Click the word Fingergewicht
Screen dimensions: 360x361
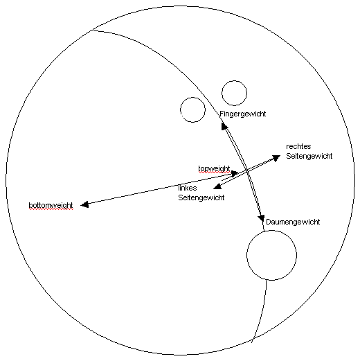pyautogui.click(x=243, y=114)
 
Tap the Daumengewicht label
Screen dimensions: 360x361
pyautogui.click(x=293, y=222)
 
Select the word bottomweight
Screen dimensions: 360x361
pyautogui.click(x=51, y=205)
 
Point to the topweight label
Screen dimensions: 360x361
pyautogui.click(x=214, y=168)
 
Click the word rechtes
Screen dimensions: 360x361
pyautogui.click(x=298, y=146)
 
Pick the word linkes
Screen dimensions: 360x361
pyautogui.click(x=188, y=188)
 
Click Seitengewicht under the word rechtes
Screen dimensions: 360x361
pyautogui.click(x=309, y=156)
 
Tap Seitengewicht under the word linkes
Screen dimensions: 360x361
pyautogui.click(x=201, y=197)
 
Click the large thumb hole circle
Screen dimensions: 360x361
pyautogui.click(x=247, y=255)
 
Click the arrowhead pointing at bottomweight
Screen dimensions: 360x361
pyautogui.click(x=84, y=204)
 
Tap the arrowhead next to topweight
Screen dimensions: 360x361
pyautogui.click(x=235, y=173)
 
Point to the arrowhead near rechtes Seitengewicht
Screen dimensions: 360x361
pyautogui.click(x=276, y=158)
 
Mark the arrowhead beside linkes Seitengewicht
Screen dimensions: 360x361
pyautogui.click(x=217, y=186)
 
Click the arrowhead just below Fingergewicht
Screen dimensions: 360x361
pyautogui.click(x=224, y=126)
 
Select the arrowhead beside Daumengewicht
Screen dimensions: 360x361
pyautogui.click(x=261, y=218)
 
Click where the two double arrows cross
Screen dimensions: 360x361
pyautogui.click(x=246, y=171)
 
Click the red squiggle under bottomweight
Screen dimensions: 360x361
pyautogui.click(x=51, y=209)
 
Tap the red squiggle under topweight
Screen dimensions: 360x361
pyautogui.click(x=214, y=173)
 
